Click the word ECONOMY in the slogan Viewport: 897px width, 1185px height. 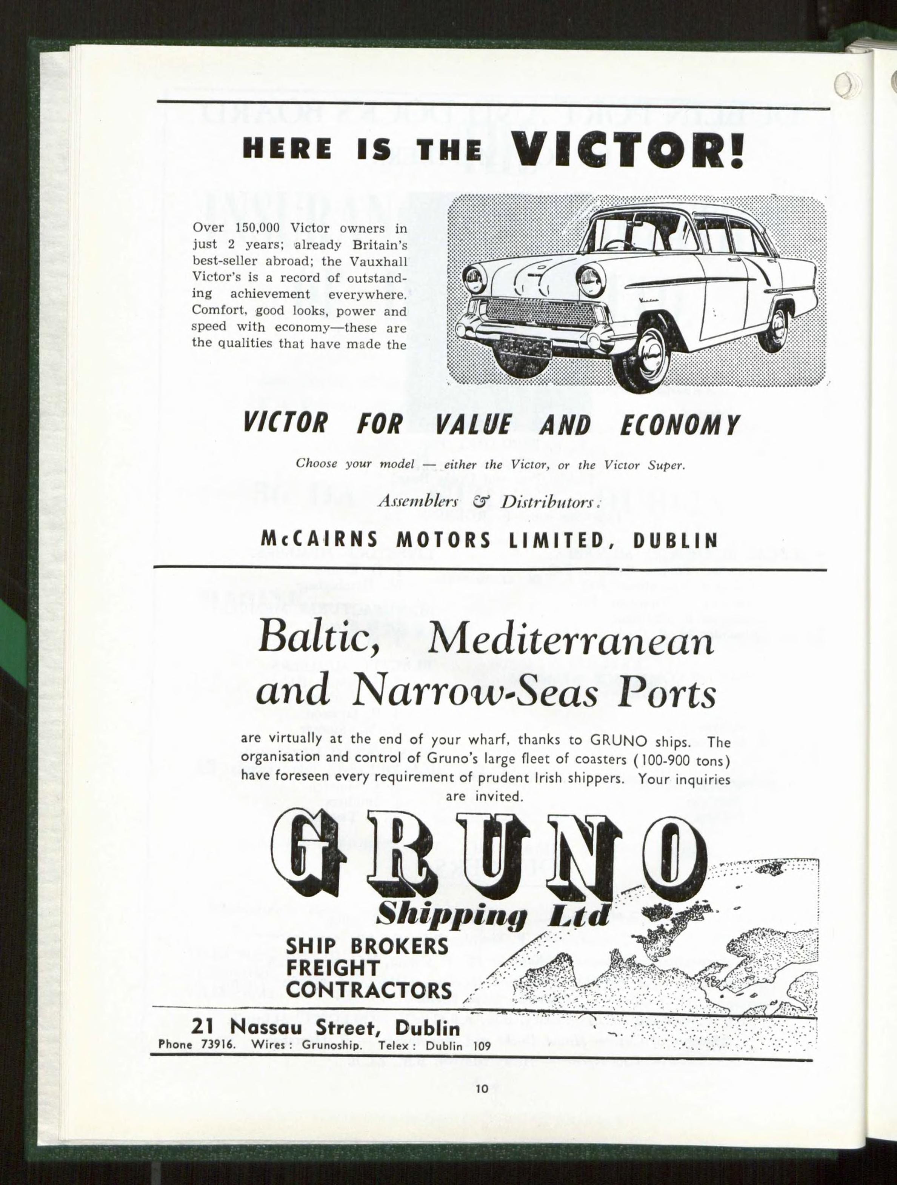click(679, 425)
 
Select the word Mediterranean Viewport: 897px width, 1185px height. click(571, 640)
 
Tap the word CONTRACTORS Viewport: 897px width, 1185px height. click(369, 991)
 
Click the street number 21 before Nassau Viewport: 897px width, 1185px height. click(203, 1027)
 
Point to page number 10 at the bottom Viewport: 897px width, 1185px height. click(481, 1088)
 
